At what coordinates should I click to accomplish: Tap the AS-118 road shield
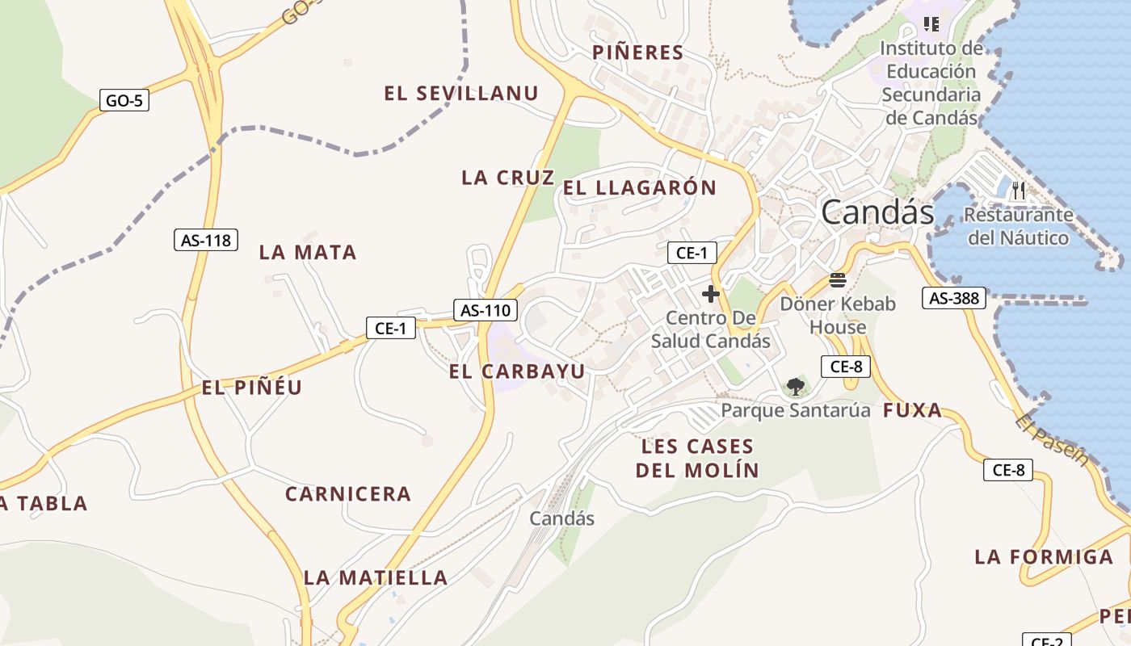(x=206, y=240)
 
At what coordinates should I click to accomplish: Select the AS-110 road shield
(x=486, y=309)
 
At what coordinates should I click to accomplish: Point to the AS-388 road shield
(x=954, y=298)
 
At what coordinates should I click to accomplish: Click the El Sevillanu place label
(x=461, y=94)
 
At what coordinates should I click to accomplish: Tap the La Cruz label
(x=508, y=178)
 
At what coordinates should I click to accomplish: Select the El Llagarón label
(x=640, y=188)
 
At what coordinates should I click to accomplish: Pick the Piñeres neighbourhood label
(x=638, y=53)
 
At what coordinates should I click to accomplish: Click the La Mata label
(x=308, y=253)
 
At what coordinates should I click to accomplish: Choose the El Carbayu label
(x=517, y=371)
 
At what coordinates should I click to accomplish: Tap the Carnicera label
(x=348, y=493)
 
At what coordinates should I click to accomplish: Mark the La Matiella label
(x=376, y=577)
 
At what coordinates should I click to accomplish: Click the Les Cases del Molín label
(x=697, y=458)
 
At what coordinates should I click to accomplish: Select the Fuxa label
(x=913, y=410)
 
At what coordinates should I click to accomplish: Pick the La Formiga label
(x=1044, y=556)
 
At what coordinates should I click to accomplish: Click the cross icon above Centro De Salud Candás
(x=711, y=293)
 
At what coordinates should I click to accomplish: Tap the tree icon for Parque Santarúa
(x=796, y=386)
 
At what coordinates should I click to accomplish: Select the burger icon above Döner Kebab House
(x=838, y=280)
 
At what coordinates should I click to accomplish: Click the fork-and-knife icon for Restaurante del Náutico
(x=1019, y=191)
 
